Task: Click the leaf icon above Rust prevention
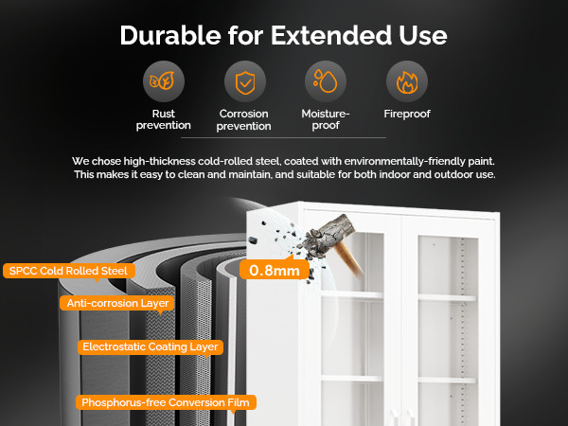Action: [x=164, y=80]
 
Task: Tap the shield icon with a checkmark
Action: [x=245, y=82]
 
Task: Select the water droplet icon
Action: [x=326, y=81]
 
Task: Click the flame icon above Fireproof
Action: [x=407, y=82]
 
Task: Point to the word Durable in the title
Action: [x=170, y=36]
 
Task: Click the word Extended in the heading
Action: [x=330, y=36]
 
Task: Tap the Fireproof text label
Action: [x=407, y=114]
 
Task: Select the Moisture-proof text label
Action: [x=326, y=119]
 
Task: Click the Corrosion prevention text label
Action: [x=244, y=119]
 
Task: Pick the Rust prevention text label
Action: [x=164, y=119]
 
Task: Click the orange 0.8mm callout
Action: [x=275, y=270]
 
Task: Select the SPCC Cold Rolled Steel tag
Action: [x=69, y=271]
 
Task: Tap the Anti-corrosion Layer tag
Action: [x=117, y=303]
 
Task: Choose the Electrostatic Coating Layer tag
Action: [x=151, y=346]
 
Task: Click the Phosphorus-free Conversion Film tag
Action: [x=166, y=402]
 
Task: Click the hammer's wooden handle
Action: [x=348, y=258]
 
